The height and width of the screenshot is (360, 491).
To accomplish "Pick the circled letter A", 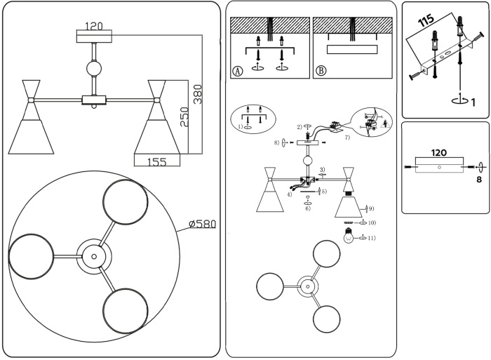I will (237, 70).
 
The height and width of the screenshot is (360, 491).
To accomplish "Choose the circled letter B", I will (321, 70).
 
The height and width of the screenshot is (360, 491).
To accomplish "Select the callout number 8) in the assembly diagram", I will (278, 142).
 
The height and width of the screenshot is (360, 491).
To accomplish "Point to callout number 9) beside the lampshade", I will (370, 208).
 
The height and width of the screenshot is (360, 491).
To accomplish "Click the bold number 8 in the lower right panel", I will (479, 179).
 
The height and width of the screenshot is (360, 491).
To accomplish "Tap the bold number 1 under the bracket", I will (473, 102).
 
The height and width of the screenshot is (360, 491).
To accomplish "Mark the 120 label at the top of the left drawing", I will (94, 26).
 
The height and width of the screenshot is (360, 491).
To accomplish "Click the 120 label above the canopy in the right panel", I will (439, 152).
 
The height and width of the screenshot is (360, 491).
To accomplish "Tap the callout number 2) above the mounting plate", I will (299, 127).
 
